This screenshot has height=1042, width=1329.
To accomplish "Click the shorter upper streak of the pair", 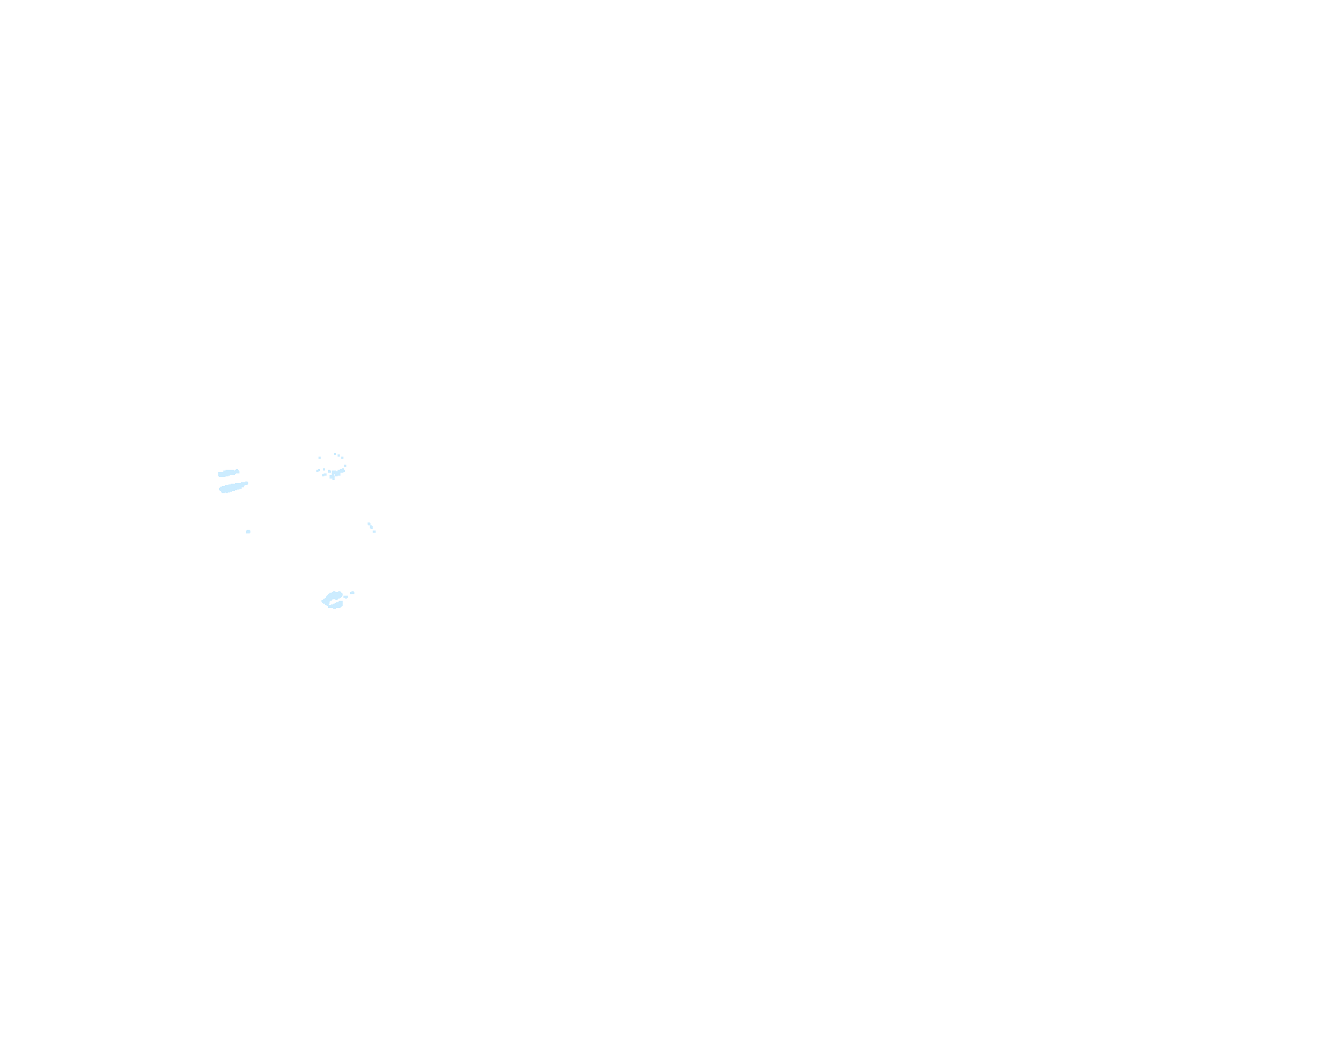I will click(228, 473).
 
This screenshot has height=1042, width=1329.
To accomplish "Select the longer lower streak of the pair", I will click(234, 487).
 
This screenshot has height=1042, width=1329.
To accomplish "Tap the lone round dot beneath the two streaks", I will click(248, 531).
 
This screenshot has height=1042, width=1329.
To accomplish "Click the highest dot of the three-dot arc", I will click(335, 454).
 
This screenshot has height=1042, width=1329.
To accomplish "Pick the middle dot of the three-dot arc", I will click(338, 455).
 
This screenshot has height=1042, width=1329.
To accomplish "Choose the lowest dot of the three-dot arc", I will click(342, 457).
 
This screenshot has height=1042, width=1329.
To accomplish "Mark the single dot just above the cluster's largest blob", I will click(345, 465).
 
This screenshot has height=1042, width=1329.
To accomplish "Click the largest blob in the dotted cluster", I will click(336, 473).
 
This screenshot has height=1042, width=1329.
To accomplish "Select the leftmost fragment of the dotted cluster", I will click(318, 471).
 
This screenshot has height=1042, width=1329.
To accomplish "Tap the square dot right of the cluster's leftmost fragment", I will click(324, 469).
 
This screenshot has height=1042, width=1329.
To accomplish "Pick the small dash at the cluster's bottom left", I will click(324, 474).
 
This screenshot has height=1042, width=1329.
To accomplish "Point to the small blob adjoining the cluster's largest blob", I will click(330, 471).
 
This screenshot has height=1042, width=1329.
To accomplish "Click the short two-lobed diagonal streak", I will click(371, 525).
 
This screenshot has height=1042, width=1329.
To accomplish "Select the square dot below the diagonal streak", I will click(374, 531).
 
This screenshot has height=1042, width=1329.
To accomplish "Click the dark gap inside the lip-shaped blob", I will click(333, 601).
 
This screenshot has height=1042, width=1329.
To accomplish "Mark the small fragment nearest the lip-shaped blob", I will click(346, 597).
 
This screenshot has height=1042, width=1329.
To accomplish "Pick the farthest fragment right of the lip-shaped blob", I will click(352, 593).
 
